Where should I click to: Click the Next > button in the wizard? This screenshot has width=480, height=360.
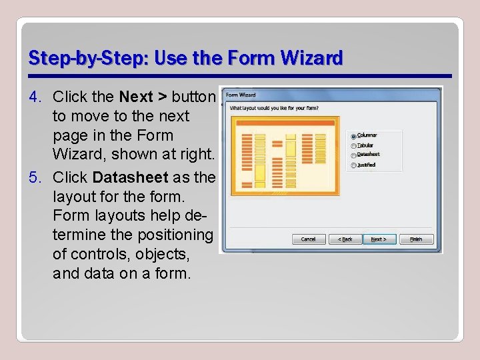(x=382, y=239)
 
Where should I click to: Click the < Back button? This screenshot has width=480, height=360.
(x=345, y=239)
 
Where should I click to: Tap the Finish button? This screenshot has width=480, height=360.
(x=416, y=239)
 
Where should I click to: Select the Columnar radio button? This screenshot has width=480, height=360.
(x=353, y=136)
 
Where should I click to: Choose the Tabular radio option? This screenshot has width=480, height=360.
(x=353, y=145)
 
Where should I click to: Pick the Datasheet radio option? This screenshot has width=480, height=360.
(x=353, y=155)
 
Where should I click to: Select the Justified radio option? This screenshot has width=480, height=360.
(x=353, y=165)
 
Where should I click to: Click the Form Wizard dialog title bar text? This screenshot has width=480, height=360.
(x=240, y=95)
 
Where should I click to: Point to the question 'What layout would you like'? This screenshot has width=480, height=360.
(x=273, y=107)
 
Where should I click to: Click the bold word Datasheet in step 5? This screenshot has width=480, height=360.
(x=130, y=178)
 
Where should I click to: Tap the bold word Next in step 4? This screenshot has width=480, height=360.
(x=137, y=97)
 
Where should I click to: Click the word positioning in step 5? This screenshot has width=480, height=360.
(x=175, y=235)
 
